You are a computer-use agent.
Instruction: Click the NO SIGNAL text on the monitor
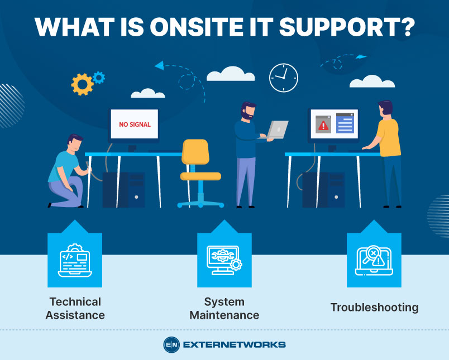(x=135, y=124)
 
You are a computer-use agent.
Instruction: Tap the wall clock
(x=283, y=78)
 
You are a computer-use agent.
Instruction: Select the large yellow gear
(x=82, y=84)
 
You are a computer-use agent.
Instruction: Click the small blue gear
(x=99, y=77)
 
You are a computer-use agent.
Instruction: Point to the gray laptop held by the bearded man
(x=278, y=129)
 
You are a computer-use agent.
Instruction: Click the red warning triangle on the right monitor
(x=324, y=126)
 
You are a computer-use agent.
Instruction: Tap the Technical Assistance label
(x=75, y=308)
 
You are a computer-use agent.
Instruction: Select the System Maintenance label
(x=224, y=308)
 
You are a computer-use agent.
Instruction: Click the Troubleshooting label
(x=374, y=307)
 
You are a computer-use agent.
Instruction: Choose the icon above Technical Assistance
(x=75, y=260)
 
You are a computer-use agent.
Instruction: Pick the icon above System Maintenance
(x=224, y=260)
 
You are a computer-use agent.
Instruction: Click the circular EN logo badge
(x=171, y=344)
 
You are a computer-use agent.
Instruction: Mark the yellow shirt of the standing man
(x=389, y=137)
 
